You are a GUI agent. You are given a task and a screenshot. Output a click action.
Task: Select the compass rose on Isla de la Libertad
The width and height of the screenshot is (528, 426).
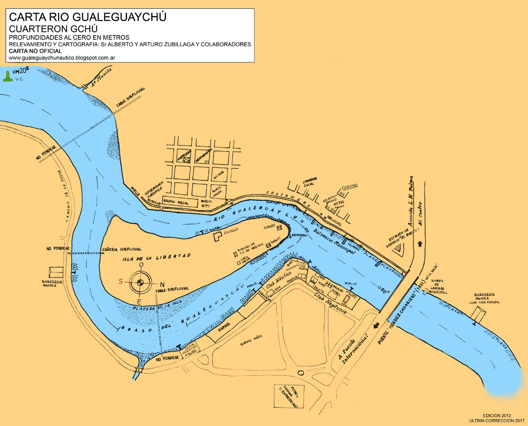[x=140, y=283]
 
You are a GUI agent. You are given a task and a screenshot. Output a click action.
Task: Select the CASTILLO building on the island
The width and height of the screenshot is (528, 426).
[x=218, y=236]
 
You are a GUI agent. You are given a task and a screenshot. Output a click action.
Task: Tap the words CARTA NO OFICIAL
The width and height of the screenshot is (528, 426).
[x=35, y=51]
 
